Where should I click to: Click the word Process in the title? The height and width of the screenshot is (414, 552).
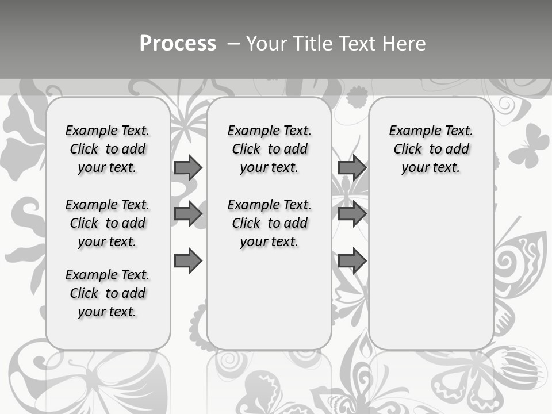pos(178,44)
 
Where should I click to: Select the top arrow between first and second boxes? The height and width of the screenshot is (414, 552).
pos(188,167)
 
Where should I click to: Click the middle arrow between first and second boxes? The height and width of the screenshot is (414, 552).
pos(188,214)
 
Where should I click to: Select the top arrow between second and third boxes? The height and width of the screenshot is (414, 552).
pos(352,167)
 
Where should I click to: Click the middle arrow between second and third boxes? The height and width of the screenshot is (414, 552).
pos(352,214)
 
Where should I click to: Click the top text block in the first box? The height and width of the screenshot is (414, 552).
pos(108,149)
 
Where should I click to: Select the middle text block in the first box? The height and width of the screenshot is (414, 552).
pos(108,223)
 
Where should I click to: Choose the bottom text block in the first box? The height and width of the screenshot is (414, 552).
pos(108,293)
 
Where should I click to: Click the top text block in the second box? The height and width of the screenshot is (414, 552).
pos(269,149)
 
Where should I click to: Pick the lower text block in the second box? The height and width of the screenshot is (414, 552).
pos(269,223)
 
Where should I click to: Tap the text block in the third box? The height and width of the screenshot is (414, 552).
pos(431,149)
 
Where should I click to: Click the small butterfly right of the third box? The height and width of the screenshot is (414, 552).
pos(528,145)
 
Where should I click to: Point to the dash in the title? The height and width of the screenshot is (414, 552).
pos(233,44)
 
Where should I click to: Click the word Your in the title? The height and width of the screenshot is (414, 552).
pos(266,44)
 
